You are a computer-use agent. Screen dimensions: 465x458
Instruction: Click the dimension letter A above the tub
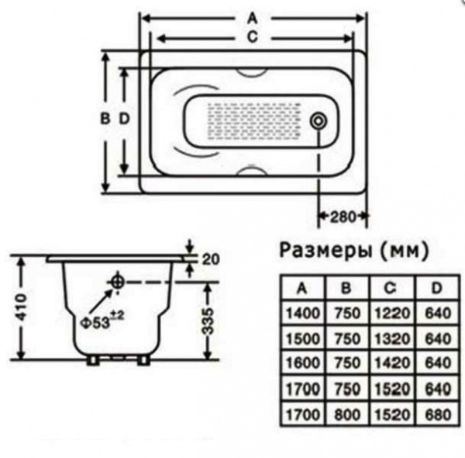(253, 19)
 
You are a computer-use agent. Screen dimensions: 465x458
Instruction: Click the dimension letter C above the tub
(253, 37)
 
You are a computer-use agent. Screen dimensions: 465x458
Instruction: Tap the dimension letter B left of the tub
(105, 119)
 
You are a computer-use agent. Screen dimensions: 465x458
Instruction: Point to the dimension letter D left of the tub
(125, 119)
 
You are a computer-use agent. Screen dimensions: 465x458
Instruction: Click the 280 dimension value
(343, 217)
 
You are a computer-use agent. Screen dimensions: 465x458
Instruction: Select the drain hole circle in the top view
(319, 121)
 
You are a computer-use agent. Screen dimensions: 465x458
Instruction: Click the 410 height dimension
(22, 307)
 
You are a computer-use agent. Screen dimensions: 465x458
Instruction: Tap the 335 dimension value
(208, 321)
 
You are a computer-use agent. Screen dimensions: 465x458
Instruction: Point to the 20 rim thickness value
(211, 259)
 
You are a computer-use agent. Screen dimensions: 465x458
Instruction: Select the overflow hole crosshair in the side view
(117, 282)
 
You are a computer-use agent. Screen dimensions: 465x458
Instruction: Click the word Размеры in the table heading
(325, 251)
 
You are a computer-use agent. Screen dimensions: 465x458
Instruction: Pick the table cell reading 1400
(303, 313)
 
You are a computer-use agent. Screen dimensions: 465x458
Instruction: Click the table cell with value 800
(347, 415)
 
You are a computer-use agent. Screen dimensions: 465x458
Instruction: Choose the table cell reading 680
(438, 415)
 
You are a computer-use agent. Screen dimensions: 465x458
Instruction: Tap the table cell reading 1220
(392, 313)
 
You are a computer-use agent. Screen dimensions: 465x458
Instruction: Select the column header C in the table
(391, 287)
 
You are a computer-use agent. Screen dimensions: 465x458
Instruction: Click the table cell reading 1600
(303, 363)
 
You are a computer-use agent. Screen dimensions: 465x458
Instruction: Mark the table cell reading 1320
(392, 338)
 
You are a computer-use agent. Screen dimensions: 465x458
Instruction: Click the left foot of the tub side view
(92, 360)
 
